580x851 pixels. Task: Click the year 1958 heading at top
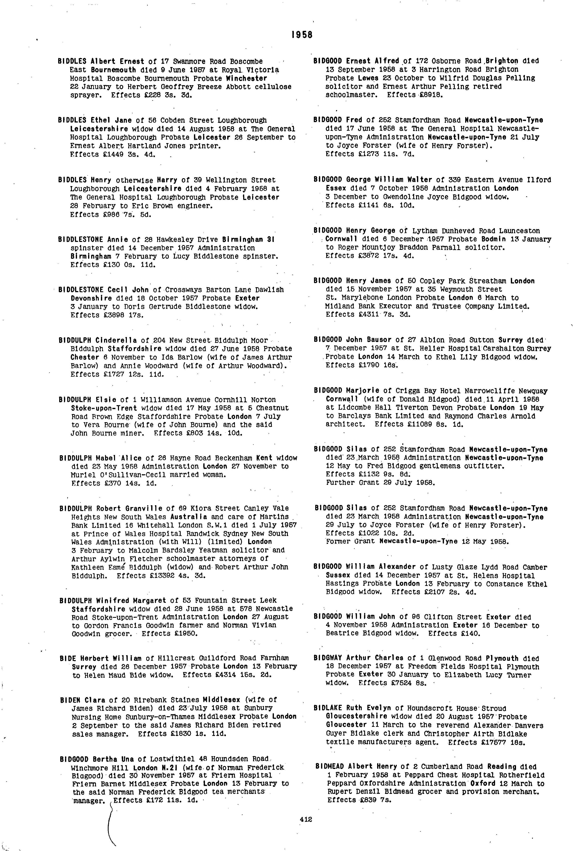coord(302,35)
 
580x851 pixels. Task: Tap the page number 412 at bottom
coord(305,819)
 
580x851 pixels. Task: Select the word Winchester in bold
coord(246,78)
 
